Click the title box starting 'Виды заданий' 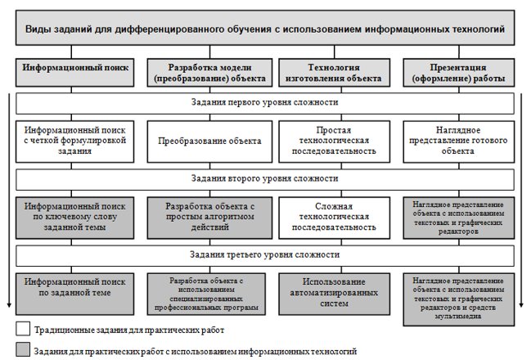pyautogui.click(x=265, y=29)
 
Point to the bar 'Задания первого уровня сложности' pyautogui.click(x=265, y=104)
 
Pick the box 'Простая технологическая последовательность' pyautogui.click(x=334, y=141)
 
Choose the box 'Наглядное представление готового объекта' pyautogui.click(x=458, y=141)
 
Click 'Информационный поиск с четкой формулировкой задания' pyautogui.click(x=74, y=141)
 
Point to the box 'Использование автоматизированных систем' pyautogui.click(x=334, y=291)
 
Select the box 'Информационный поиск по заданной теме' pyautogui.click(x=74, y=291)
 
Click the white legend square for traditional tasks pyautogui.click(x=22, y=330)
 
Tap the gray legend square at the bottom pyautogui.click(x=22, y=350)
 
